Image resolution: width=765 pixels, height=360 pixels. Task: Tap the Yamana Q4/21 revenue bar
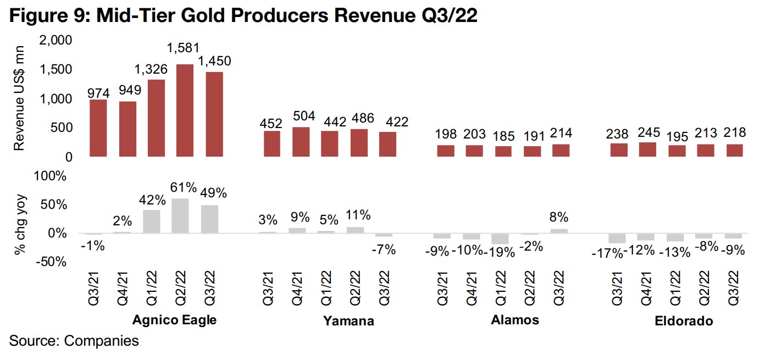(301, 142)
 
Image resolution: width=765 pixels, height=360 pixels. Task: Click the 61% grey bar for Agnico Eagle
(181, 216)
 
